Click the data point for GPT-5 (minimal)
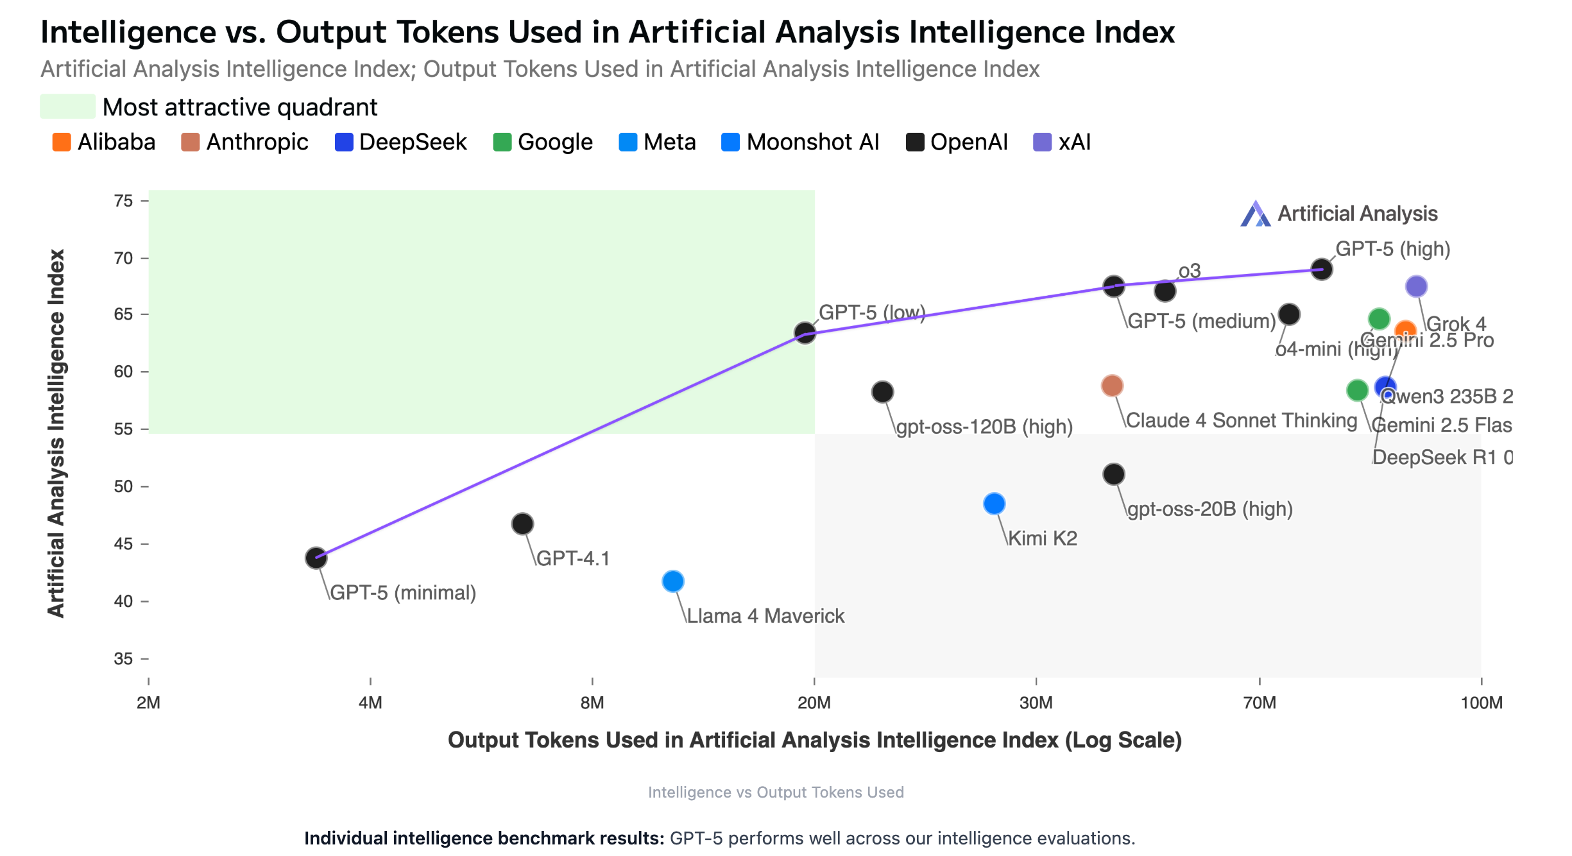316,558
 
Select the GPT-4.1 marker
522,524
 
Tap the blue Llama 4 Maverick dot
672,581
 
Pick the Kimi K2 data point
994,504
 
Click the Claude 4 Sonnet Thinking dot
1112,386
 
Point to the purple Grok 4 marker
1416,286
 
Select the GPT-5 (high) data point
1321,269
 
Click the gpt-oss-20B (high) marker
1114,474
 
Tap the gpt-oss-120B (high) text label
984,427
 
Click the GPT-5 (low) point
805,332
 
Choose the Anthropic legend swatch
191,142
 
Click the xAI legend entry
1063,142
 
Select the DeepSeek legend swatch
344,142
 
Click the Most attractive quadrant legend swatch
67,107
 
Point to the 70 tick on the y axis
123,258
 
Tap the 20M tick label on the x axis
814,703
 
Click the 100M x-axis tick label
1481,703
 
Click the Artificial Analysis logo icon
1255,214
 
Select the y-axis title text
56,433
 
